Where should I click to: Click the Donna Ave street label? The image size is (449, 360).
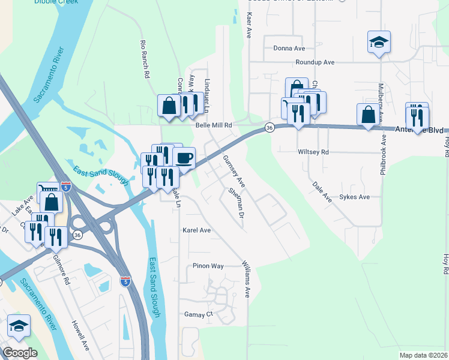[289, 48]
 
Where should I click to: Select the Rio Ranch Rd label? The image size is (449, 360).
[144, 59]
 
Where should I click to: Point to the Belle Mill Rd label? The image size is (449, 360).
[214, 125]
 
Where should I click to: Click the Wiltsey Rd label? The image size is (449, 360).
[313, 152]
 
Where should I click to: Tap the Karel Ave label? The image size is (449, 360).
[197, 230]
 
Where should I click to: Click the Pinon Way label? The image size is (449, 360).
[208, 266]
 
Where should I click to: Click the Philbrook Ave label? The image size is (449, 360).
[383, 155]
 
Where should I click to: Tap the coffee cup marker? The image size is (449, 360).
[184, 158]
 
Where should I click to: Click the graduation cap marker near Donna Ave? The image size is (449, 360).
[379, 43]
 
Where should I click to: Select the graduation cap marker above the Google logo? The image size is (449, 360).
[19, 326]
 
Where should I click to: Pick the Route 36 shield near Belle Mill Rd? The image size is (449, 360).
[270, 128]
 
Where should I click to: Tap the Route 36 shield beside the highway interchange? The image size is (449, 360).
[77, 236]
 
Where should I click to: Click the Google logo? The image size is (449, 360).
[20, 353]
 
